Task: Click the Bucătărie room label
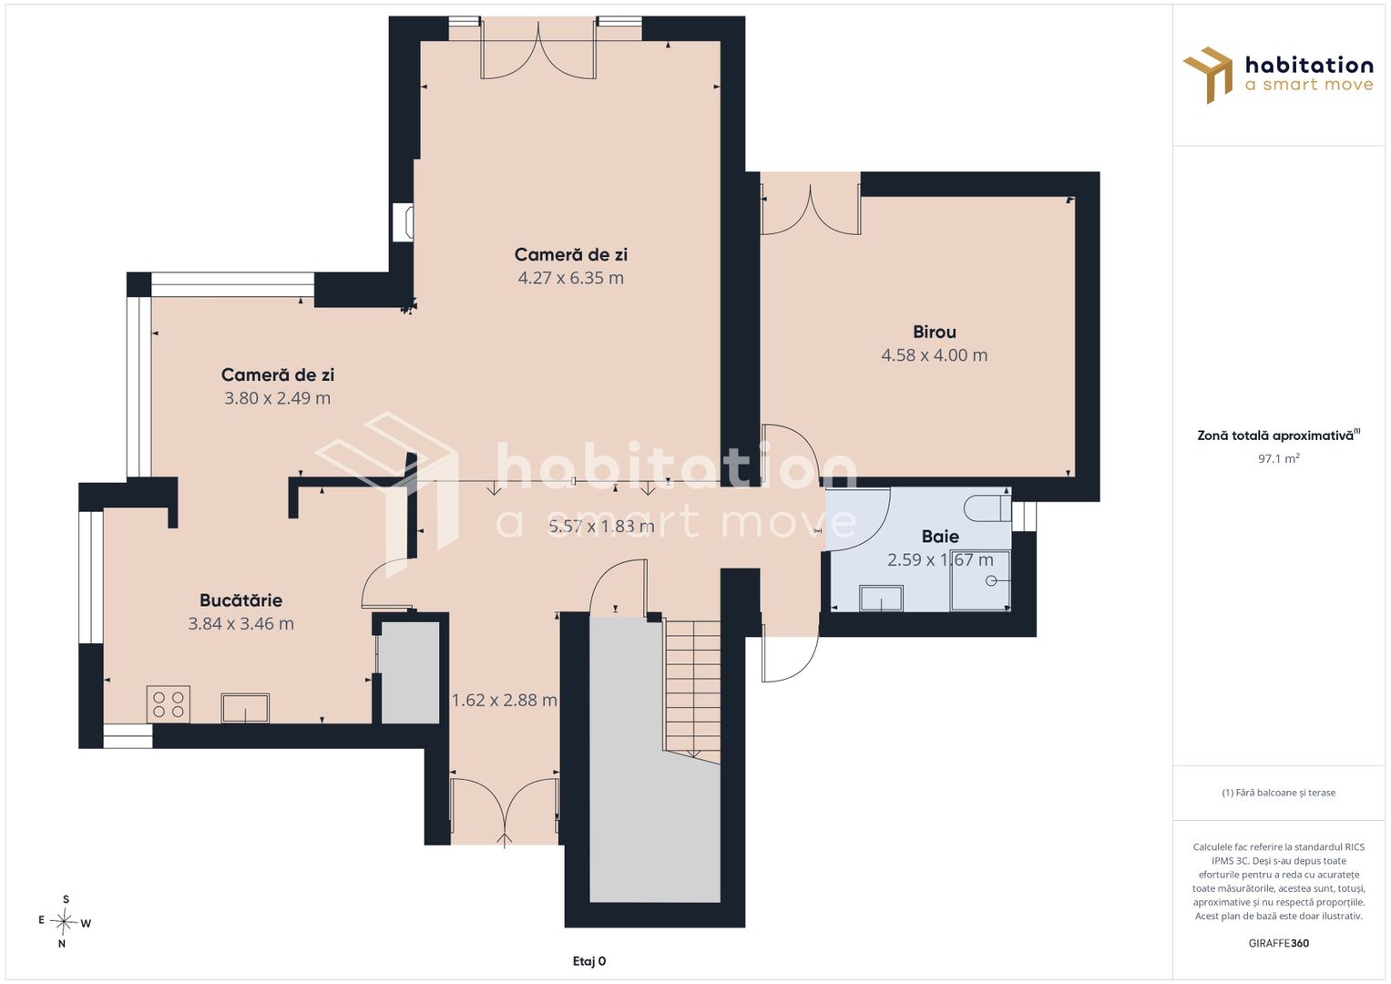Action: tap(240, 600)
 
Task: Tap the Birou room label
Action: tap(934, 332)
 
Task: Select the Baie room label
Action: tap(940, 536)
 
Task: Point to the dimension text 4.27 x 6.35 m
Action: tap(570, 278)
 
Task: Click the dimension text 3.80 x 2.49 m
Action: tap(277, 397)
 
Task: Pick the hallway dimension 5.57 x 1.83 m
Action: tap(601, 527)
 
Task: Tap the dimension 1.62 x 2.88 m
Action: tap(505, 700)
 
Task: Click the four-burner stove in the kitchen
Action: tap(169, 703)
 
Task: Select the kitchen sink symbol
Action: tap(245, 708)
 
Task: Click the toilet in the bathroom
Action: tap(987, 508)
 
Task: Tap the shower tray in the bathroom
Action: tap(980, 580)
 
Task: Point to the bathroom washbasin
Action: tap(881, 598)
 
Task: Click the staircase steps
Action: tap(692, 691)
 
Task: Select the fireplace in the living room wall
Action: tap(404, 222)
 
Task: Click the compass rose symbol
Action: tap(64, 921)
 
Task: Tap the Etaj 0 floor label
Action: tap(589, 961)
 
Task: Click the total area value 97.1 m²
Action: tap(1279, 458)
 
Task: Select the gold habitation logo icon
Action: tap(1208, 75)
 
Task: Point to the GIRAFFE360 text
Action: tap(1279, 943)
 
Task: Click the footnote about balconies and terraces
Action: tap(1279, 792)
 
